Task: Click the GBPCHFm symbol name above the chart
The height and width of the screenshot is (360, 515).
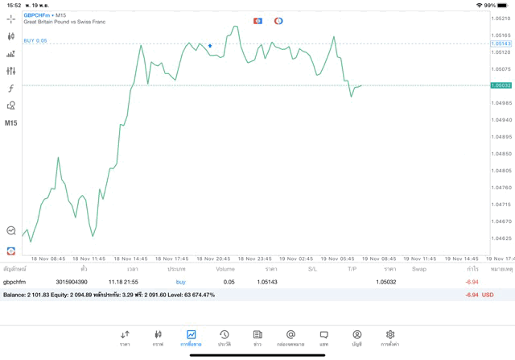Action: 37,15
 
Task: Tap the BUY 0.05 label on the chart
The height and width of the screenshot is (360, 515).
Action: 35,40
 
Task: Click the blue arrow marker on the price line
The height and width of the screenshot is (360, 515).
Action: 210,46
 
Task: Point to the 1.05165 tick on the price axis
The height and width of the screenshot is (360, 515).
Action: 501,35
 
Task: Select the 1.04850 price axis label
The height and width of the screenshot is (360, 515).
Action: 501,153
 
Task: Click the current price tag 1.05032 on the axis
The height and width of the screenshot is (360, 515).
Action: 501,85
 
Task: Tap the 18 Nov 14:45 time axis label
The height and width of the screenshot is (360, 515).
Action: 130,259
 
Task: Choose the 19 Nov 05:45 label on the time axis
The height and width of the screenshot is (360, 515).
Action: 336,259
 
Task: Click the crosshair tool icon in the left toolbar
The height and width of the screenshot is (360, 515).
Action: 11,19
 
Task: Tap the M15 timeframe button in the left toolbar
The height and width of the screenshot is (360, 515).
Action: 11,123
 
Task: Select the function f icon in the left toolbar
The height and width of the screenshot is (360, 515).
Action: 11,89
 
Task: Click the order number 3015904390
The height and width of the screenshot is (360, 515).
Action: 72,282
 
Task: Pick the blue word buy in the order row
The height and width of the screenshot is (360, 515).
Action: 180,282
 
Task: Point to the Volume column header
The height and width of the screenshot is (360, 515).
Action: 225,269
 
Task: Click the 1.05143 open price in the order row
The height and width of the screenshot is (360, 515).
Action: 267,282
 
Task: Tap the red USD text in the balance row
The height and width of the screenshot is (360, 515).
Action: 488,295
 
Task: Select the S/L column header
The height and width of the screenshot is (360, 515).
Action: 312,269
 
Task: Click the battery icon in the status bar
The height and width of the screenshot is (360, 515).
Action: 502,5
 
